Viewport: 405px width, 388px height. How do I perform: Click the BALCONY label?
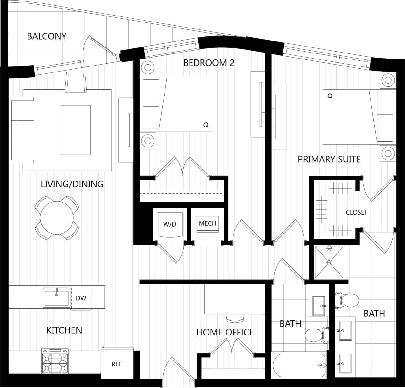pos(47,36)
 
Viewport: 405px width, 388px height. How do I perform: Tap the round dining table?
pos(57,218)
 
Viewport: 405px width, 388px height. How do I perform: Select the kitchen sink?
pos(57,298)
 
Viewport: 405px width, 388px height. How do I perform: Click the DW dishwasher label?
pos(81,298)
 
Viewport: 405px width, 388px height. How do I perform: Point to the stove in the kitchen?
pos(55,361)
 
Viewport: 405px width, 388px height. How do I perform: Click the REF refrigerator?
pos(117,364)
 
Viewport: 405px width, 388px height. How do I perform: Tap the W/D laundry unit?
pos(170,224)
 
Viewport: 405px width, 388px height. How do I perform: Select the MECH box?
pos(208,223)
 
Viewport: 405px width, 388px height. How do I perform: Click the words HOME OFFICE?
pos(225,332)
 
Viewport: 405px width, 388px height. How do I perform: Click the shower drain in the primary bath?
pos(329,262)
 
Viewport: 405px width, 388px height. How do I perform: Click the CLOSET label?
pos(357,212)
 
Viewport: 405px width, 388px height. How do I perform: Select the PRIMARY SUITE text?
pos(329,159)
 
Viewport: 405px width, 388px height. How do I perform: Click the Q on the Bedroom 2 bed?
pos(206,125)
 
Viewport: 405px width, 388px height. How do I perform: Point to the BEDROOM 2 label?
pos(209,63)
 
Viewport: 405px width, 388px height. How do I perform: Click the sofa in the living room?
pos(22,130)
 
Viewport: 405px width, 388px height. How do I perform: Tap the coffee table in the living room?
pos(76,130)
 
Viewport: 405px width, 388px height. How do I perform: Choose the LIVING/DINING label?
pos(72,184)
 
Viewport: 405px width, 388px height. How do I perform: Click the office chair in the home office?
pos(235,318)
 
